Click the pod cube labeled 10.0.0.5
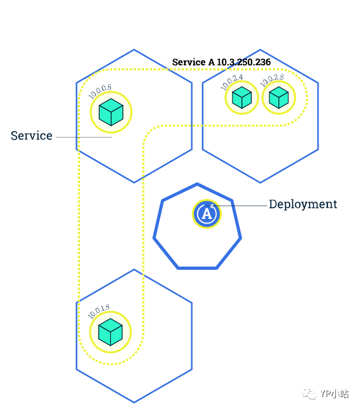tap(111, 112)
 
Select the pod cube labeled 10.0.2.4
tap(241, 98)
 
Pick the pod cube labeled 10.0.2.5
tap(278, 98)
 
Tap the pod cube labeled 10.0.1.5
tap(111, 332)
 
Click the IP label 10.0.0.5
tap(100, 91)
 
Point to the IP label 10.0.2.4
tap(232, 82)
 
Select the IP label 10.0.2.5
tap(272, 80)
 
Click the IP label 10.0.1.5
tap(98, 311)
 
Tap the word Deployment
tap(303, 204)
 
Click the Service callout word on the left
tap(31, 136)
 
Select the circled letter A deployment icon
tap(207, 214)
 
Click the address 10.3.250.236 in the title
tap(244, 62)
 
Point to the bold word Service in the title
tap(188, 62)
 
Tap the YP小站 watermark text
tap(335, 393)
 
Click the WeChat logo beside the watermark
tap(309, 394)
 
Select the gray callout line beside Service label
tap(84, 137)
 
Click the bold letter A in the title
tap(211, 62)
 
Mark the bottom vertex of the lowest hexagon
tap(134, 402)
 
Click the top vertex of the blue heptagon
tap(197, 184)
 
